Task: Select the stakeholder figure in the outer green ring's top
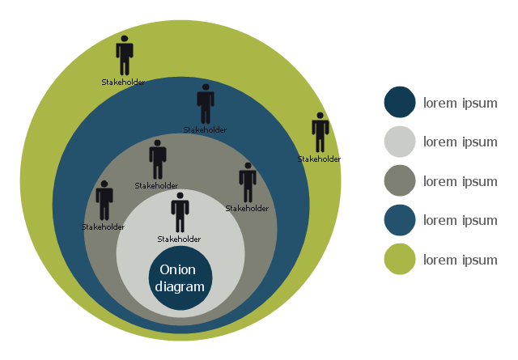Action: [x=125, y=55]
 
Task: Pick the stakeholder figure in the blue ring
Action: [x=206, y=104]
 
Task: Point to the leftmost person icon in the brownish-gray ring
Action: [x=104, y=200]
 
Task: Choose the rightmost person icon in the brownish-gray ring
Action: [x=248, y=182]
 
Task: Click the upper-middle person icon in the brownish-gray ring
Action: [x=158, y=159]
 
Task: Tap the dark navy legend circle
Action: [x=400, y=102]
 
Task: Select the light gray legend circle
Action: [x=400, y=142]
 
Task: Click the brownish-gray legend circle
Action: [x=400, y=180]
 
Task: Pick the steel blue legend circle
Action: [x=400, y=220]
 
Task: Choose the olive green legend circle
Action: [x=400, y=260]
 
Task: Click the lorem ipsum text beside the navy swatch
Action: [x=461, y=103]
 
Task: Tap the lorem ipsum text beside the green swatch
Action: [x=461, y=260]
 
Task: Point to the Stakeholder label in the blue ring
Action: [x=205, y=129]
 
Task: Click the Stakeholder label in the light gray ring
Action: [x=179, y=239]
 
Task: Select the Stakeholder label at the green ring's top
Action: [x=124, y=82]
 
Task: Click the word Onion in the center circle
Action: [x=178, y=270]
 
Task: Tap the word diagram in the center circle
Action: [x=180, y=286]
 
